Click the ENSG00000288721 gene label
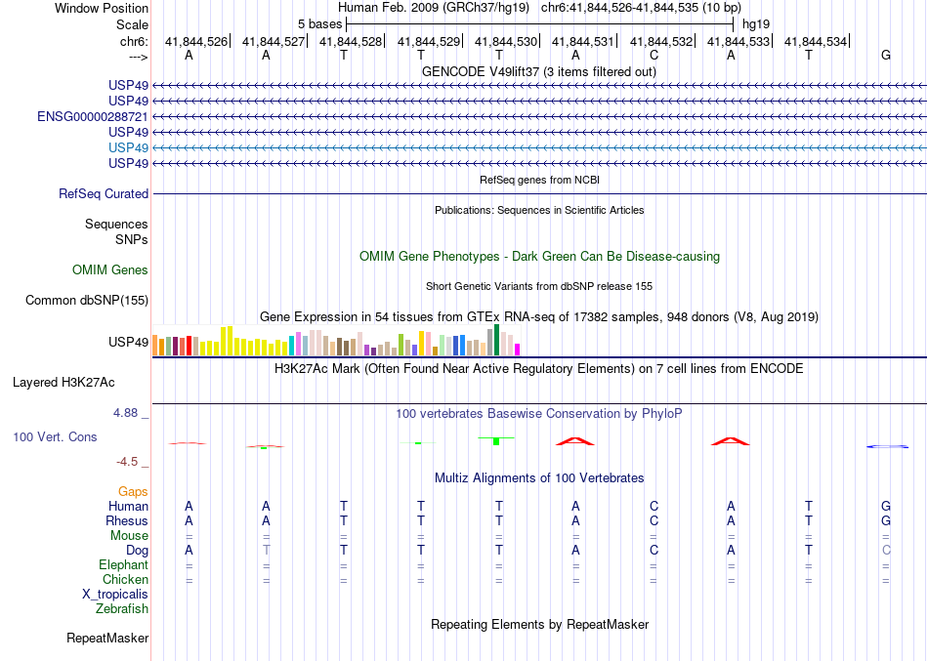tap(93, 116)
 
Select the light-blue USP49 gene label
tap(129, 147)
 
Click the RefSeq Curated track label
tap(104, 194)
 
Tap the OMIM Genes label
tap(110, 270)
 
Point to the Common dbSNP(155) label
tap(86, 301)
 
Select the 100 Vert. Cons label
tap(55, 437)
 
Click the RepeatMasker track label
tap(107, 639)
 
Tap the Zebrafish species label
tap(122, 609)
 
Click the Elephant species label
tap(123, 565)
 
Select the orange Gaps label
tap(133, 492)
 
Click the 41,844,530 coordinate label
tap(506, 42)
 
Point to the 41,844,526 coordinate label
tap(196, 42)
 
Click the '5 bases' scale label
tap(319, 23)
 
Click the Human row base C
tap(654, 506)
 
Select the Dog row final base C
tap(886, 551)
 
